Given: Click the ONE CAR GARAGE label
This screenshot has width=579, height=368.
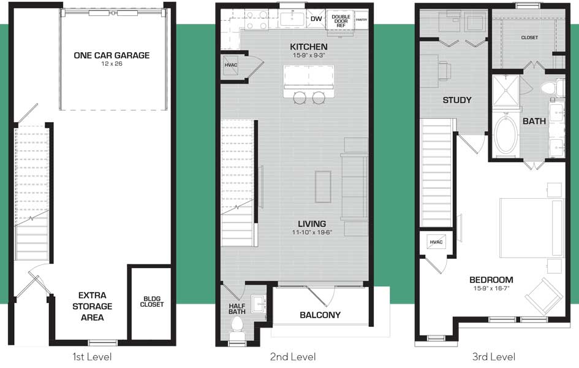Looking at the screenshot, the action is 112,55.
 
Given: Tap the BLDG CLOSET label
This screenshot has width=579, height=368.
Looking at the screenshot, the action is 152,302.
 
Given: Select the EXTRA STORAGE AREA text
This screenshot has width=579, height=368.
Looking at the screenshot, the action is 93,306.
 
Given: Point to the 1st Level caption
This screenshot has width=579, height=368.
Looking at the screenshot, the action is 92,356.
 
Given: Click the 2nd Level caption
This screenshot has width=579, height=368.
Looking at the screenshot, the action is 293,356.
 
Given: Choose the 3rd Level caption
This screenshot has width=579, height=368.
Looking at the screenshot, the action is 493,356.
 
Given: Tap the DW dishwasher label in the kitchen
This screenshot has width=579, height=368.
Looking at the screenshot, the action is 316,19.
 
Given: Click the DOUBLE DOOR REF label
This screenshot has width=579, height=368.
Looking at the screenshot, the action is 341,21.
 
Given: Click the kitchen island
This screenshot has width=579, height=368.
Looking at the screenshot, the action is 309,82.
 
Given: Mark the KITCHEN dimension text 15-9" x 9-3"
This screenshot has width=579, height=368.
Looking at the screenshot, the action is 309,55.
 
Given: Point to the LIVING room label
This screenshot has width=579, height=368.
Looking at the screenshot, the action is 312,223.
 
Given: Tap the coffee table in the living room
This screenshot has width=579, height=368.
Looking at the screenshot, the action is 323,186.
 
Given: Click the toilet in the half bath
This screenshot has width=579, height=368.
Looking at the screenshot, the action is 236,328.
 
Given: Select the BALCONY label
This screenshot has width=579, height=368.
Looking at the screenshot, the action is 320,315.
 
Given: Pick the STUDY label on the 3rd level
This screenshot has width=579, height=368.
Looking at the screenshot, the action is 457,100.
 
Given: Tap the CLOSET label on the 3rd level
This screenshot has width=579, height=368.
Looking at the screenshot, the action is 529,37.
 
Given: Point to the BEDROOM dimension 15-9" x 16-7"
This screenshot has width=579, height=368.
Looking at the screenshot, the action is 491,288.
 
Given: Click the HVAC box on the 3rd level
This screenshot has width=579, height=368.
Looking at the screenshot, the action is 436,242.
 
